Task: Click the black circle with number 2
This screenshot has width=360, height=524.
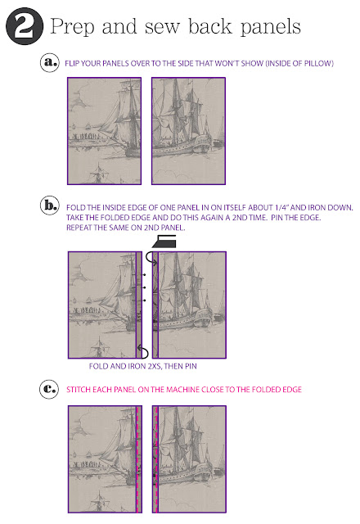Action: tap(25, 25)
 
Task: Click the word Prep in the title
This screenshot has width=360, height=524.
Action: tap(72, 27)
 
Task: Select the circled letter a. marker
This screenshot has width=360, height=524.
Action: tap(50, 62)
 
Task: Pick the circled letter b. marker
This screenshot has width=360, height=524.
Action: tap(50, 206)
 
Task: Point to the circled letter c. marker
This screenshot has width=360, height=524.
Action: tap(49, 389)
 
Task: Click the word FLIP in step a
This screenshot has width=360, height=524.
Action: tap(72, 63)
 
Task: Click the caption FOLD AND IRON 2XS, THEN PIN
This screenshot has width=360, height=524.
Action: tap(142, 366)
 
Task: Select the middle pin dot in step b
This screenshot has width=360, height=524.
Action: tap(144, 287)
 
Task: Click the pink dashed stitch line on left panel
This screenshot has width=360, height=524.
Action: tap(137, 459)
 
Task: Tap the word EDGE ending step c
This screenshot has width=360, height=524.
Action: tap(293, 390)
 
